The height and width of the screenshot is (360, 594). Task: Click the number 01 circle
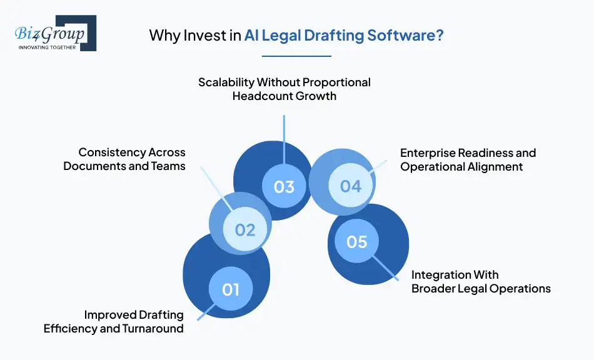coord(231,289)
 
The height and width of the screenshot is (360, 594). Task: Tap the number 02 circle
coord(245,229)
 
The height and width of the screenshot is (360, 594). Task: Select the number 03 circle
coord(284,186)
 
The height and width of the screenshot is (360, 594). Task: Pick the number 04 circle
coord(350,186)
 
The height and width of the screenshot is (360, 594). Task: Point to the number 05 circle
coord(356,241)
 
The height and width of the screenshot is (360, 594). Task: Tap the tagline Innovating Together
coord(47,47)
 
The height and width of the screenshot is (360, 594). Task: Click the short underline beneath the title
coord(296,56)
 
